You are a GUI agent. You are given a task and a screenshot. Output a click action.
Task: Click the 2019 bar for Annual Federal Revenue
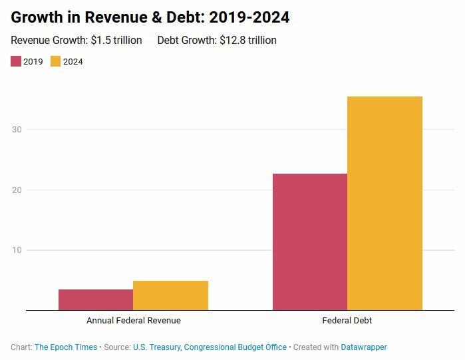tap(96, 299)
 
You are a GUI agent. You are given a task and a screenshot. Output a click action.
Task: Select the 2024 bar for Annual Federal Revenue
tap(170, 295)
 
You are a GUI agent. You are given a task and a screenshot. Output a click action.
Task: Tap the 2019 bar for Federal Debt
tap(310, 242)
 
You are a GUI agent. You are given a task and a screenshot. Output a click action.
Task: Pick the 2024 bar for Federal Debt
tap(385, 203)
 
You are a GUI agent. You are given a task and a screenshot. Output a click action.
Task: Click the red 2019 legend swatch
tap(16, 62)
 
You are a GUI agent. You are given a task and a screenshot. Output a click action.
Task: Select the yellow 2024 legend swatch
tap(56, 62)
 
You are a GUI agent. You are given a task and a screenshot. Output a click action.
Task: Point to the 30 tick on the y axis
tap(17, 130)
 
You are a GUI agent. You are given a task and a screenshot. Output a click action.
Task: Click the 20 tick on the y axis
tap(17, 190)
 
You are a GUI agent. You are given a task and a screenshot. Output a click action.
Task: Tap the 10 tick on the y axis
tap(17, 250)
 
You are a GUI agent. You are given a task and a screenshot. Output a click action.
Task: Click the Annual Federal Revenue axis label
tap(133, 320)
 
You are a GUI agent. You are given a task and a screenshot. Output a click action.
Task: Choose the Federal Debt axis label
tap(347, 320)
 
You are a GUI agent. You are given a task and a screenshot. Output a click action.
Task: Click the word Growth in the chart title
tap(37, 17)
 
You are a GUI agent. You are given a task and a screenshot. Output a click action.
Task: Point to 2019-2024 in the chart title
tap(249, 17)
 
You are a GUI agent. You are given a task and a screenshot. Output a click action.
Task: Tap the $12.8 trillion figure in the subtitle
tap(248, 41)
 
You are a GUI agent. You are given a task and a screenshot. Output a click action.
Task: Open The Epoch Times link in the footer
tap(66, 347)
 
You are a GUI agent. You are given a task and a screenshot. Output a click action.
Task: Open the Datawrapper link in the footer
tap(364, 347)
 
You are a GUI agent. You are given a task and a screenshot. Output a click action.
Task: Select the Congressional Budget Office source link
tap(235, 347)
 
